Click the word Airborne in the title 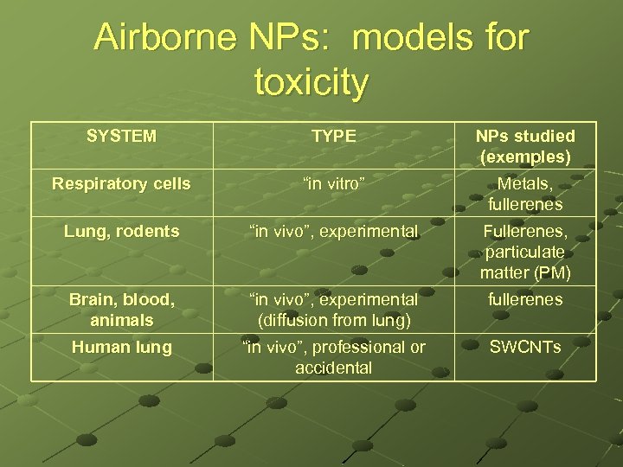coord(164,39)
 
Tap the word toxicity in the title coord(311,82)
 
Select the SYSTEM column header coord(121,136)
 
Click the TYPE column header coord(333,136)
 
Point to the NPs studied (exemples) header coord(525,146)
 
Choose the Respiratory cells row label coord(121,183)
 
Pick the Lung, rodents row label coord(121,231)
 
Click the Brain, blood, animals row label coord(121,310)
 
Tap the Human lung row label coord(121,347)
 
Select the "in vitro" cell coord(333,183)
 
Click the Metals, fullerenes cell coord(525,194)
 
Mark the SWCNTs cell coord(525,347)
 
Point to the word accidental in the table coord(333,368)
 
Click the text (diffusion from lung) coord(333,320)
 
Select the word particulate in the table coord(525,252)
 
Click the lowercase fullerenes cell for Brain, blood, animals coord(525,299)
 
